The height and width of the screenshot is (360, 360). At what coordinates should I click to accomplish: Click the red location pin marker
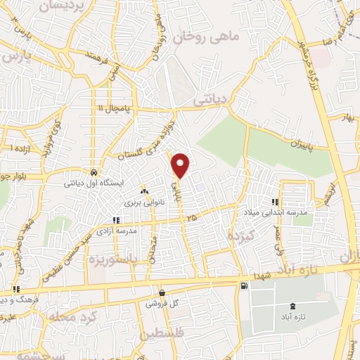[x=181, y=165]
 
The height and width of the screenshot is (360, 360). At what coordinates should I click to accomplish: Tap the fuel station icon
[x=243, y=285]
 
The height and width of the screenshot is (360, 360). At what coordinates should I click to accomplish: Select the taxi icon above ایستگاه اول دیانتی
[x=94, y=172]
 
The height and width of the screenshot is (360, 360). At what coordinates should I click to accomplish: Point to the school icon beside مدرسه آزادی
[x=116, y=220]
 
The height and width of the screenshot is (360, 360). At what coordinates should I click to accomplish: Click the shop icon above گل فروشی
[x=162, y=293]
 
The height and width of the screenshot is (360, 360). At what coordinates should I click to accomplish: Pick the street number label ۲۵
[x=192, y=219]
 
